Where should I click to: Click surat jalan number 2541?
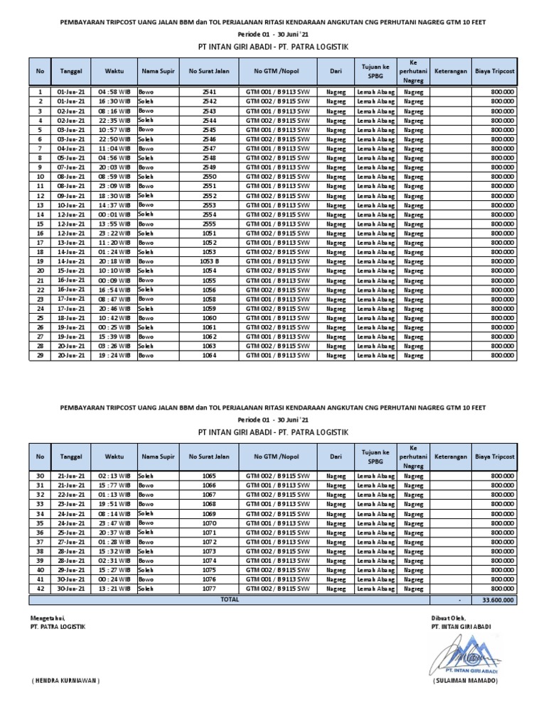(x=209, y=92)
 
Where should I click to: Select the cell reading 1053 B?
(x=209, y=261)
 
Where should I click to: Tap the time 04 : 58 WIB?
(x=114, y=92)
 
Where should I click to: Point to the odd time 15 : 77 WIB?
(x=114, y=485)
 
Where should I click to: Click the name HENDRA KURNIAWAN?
(x=65, y=680)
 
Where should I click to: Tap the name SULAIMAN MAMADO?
(x=466, y=680)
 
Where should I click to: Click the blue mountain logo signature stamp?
(x=465, y=653)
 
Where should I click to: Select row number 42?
(x=41, y=589)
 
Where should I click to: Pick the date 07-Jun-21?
(x=71, y=168)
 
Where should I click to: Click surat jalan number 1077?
(x=209, y=589)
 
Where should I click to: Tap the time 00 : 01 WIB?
(x=114, y=214)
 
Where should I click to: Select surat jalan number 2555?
(x=209, y=224)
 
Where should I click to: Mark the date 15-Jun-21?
(x=71, y=270)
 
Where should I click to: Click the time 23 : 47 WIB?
(x=114, y=523)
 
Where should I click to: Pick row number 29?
(x=41, y=355)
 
